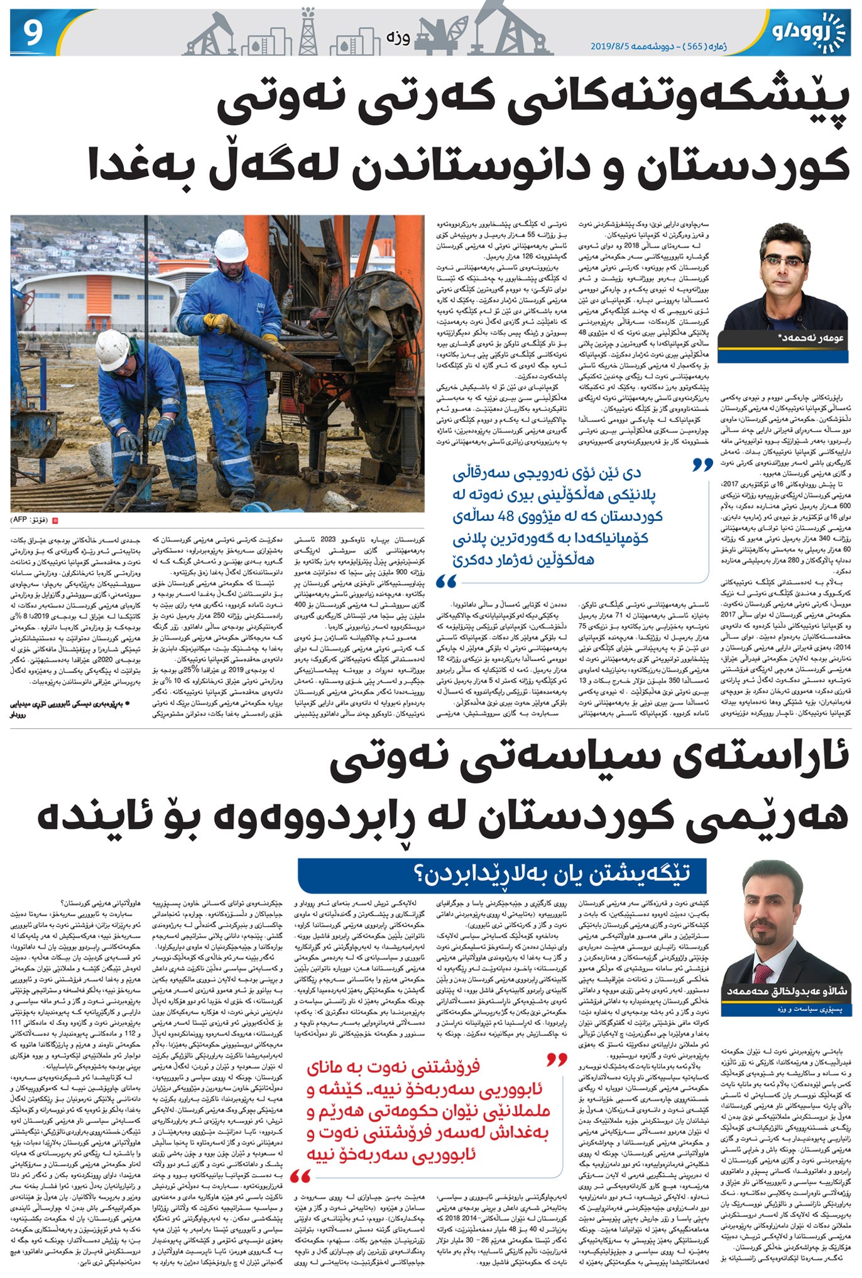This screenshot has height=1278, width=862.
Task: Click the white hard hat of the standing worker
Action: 231,246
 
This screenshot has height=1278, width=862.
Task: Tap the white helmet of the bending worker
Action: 112,349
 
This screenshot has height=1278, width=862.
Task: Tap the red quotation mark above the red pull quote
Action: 557,1061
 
